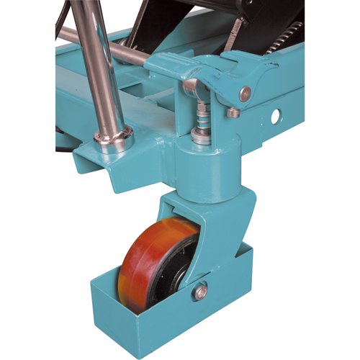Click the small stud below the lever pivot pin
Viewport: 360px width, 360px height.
233,112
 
